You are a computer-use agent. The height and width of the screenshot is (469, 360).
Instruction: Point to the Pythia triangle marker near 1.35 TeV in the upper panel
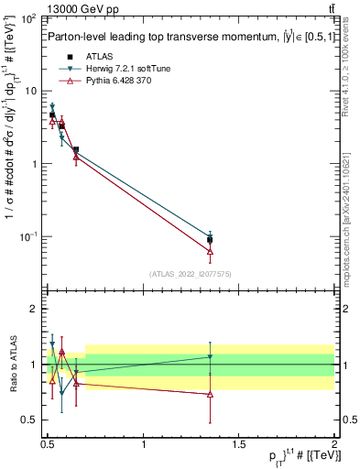coord(211,251)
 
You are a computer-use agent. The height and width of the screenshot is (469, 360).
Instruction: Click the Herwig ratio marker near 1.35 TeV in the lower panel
coord(211,357)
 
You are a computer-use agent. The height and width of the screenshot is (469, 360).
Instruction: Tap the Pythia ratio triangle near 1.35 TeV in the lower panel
coord(211,394)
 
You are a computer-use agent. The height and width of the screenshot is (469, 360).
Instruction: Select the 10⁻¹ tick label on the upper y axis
coord(28,237)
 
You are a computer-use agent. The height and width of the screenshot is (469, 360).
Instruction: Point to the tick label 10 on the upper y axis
coord(30,92)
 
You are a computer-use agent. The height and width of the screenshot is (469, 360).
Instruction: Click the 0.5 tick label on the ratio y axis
coord(29,420)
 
